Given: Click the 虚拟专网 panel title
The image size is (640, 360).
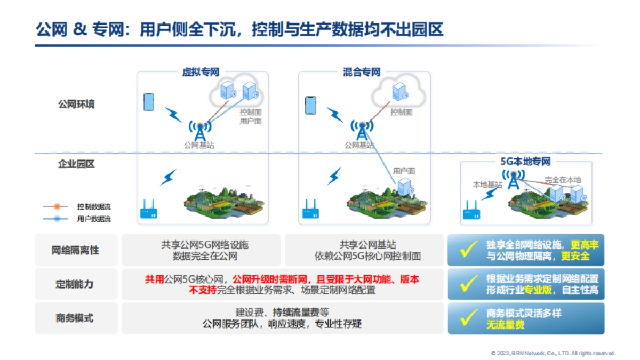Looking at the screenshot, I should tap(201, 72).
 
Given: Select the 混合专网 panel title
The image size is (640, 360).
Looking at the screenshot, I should tap(362, 72).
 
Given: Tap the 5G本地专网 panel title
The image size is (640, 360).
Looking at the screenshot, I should tap(525, 161).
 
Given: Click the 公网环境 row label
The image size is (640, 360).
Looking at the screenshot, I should tap(76, 105).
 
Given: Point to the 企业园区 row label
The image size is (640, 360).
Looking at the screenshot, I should tap(76, 164).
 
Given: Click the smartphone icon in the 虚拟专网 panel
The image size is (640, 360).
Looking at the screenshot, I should tap(149, 102).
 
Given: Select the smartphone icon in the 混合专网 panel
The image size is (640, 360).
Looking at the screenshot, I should tap(310, 105).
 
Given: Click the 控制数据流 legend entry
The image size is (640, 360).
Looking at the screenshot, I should tap(94, 206).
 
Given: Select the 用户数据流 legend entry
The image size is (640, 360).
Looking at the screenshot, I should tap(94, 219).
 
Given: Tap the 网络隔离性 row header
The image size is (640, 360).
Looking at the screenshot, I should tap(75, 250).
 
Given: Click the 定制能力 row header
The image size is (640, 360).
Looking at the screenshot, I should tap(74, 284).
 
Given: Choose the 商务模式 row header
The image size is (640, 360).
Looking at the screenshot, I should tap(74, 318).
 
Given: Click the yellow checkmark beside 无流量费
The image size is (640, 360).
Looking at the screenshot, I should tap(468, 318).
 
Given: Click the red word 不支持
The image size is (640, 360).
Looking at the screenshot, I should tap(203, 290).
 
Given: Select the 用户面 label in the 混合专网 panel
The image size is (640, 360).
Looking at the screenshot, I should tap(404, 171).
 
